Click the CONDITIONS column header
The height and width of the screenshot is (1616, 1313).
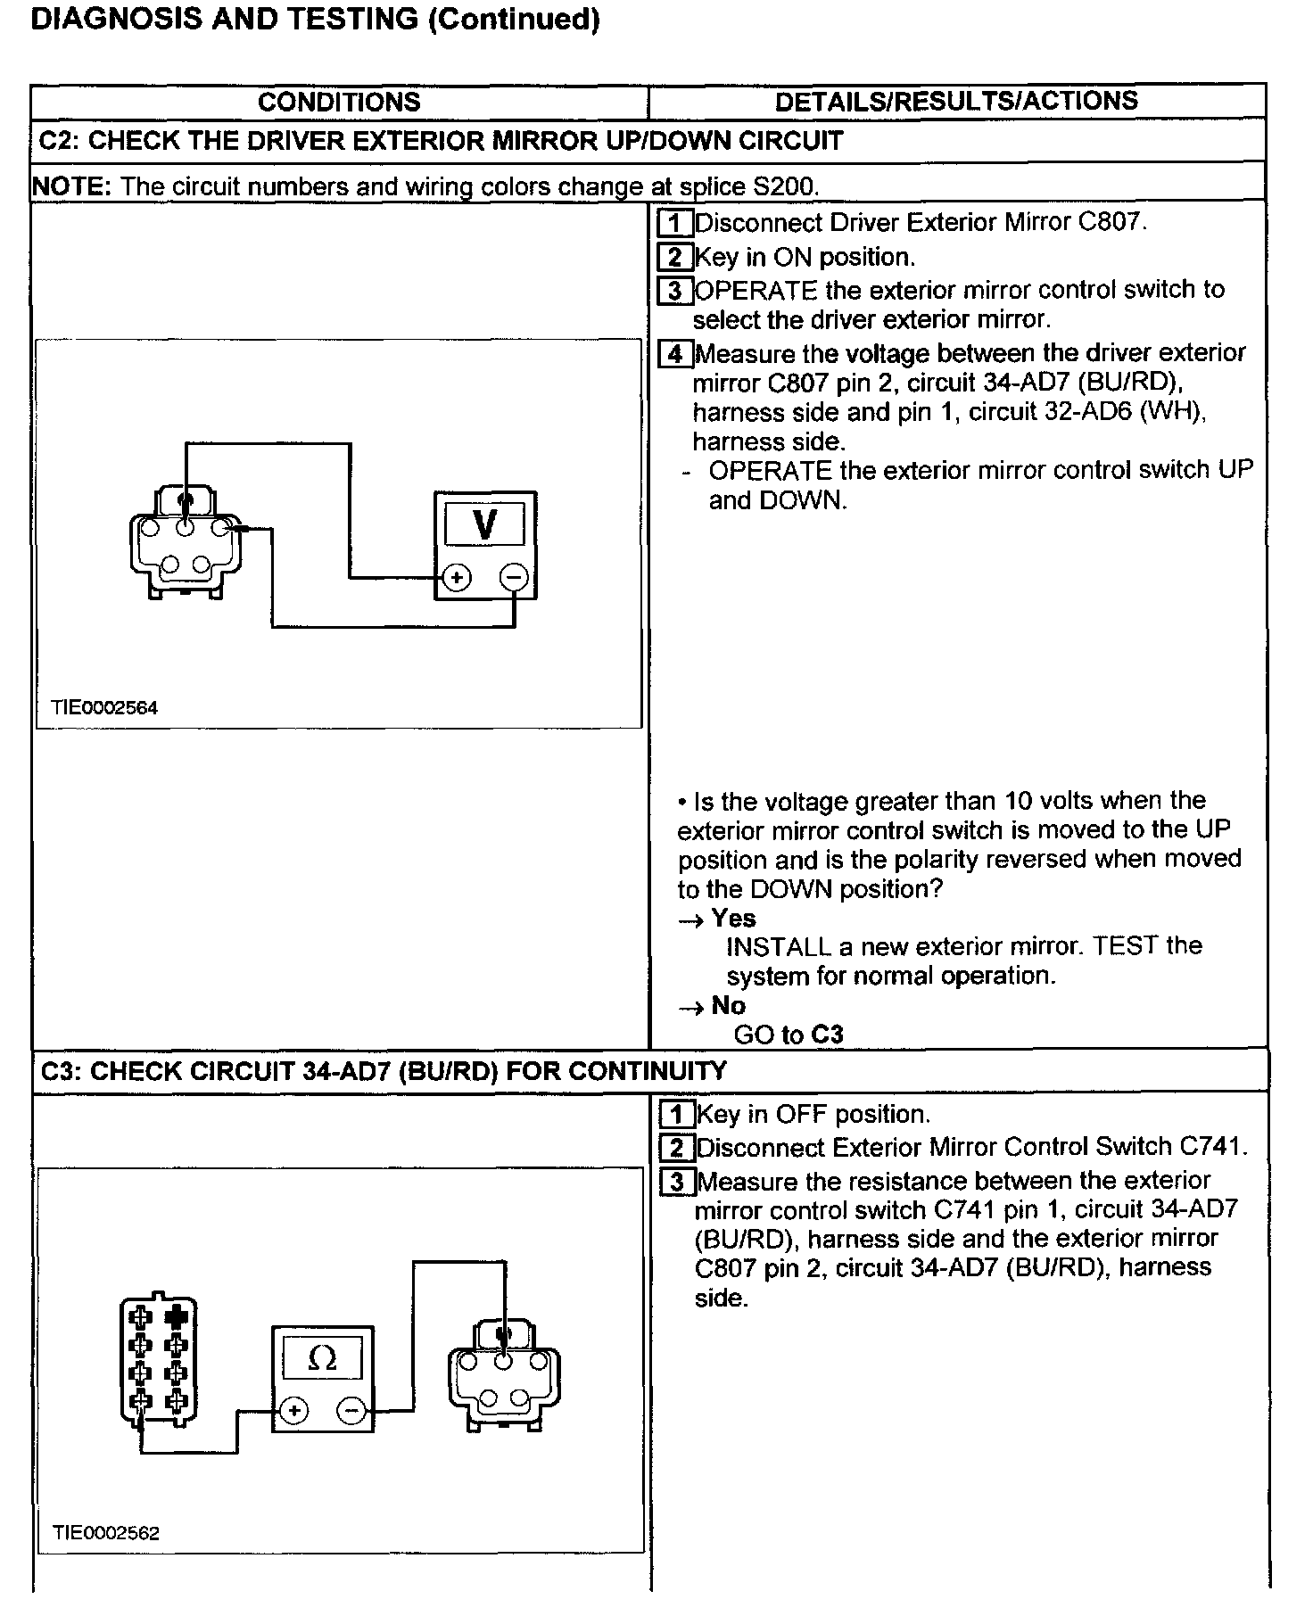[339, 102]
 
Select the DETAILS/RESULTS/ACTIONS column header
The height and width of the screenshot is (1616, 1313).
[956, 101]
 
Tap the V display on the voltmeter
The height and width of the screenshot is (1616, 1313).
[484, 524]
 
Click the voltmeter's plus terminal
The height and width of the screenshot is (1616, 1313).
[457, 578]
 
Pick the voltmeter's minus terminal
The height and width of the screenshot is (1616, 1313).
[514, 578]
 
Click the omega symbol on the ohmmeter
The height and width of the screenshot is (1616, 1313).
[321, 1358]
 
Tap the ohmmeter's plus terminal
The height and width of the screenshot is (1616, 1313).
[293, 1410]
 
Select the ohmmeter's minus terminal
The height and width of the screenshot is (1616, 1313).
[351, 1410]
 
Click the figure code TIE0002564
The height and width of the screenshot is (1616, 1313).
[104, 707]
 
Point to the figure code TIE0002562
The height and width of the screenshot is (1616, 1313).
[106, 1532]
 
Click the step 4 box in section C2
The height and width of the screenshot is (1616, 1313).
[675, 354]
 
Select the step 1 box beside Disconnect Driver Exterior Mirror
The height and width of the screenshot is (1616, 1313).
[675, 222]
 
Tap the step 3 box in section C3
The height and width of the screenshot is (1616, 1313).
[677, 1182]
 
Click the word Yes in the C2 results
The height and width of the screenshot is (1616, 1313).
[733, 918]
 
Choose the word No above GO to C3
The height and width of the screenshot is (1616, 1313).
[728, 1005]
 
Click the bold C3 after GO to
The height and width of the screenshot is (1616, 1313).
[827, 1035]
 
